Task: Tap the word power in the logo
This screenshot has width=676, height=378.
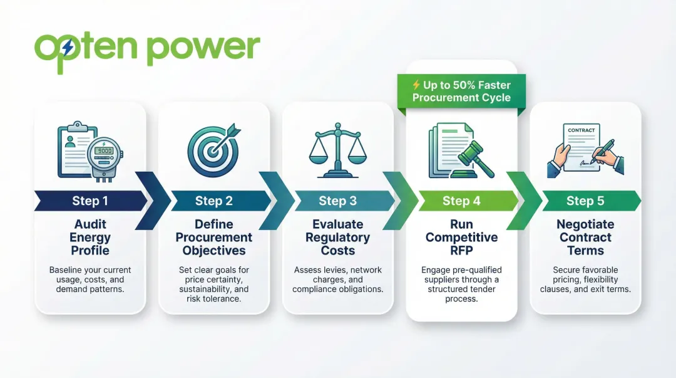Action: click(x=203, y=49)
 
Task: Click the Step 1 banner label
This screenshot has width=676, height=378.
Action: click(x=90, y=201)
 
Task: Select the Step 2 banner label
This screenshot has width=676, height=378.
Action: click(x=213, y=201)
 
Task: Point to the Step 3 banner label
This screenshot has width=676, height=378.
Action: click(x=337, y=201)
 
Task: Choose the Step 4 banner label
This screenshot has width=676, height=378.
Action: click(x=461, y=201)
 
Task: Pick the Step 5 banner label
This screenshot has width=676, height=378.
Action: click(x=585, y=201)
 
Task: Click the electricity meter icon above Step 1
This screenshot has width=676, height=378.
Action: click(x=103, y=157)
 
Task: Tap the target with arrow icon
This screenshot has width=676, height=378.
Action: click(x=213, y=150)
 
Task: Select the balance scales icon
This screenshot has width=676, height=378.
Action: click(x=337, y=150)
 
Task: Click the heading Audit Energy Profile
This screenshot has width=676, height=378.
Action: click(x=90, y=238)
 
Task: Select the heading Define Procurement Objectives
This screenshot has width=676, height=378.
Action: click(x=213, y=238)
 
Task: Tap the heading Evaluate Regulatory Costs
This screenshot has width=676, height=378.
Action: click(x=337, y=238)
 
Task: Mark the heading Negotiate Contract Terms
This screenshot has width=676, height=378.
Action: click(x=585, y=238)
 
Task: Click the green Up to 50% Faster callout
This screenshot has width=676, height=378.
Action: click(x=461, y=92)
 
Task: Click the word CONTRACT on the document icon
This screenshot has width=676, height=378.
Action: click(x=581, y=130)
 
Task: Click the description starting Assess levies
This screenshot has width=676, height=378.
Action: click(x=337, y=280)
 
